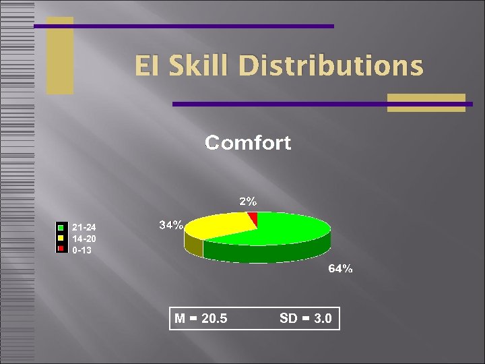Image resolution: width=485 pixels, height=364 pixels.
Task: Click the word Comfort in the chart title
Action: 248,143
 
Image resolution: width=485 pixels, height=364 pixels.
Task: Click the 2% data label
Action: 248,201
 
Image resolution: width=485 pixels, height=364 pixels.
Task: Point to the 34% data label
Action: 171,225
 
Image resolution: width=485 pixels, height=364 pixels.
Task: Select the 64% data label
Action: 340,269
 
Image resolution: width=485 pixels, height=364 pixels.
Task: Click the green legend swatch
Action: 61,227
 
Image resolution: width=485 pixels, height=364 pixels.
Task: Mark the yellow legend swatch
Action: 61,238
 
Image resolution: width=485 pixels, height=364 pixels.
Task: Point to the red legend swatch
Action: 61,249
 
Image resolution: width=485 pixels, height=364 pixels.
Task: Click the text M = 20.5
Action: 201,318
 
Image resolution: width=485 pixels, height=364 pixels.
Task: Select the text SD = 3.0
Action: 305,318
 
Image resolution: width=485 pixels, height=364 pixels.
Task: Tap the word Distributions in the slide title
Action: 331,66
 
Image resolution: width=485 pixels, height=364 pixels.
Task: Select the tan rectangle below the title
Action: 426,102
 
